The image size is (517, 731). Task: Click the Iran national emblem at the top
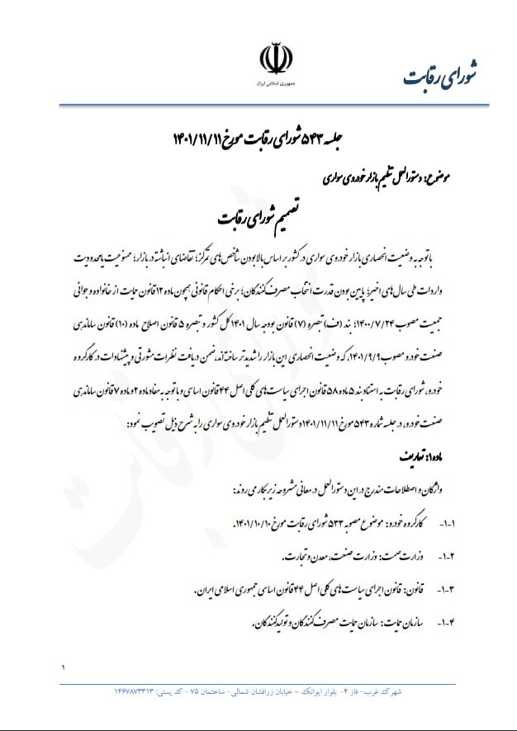click(276, 59)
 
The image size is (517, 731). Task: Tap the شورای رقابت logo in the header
click(446, 73)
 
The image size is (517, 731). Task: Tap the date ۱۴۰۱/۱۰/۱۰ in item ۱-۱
click(255, 525)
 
